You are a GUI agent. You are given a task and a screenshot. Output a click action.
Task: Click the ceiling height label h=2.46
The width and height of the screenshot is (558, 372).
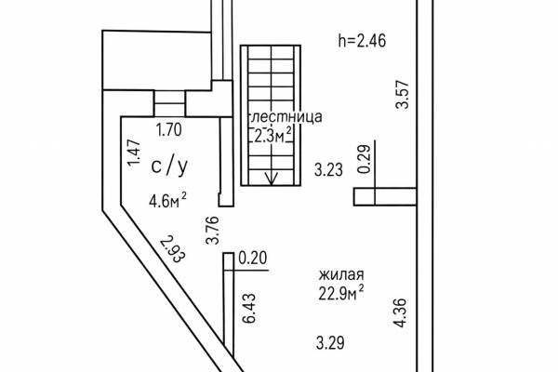click(x=362, y=41)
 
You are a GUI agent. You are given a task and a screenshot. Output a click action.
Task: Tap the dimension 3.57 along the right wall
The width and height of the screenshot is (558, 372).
click(x=403, y=95)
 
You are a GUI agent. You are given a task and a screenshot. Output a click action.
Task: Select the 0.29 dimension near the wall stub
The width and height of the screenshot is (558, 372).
click(x=364, y=159)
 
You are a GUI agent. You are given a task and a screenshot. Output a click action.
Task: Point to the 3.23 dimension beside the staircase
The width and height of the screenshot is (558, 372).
click(x=328, y=170)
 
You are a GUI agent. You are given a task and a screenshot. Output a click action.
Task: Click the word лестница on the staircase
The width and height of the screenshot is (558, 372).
click(x=286, y=117)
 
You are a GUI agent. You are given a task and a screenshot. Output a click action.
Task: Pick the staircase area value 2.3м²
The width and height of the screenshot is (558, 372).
click(x=272, y=135)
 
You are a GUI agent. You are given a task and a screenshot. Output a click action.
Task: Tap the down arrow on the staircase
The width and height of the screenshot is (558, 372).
click(x=272, y=177)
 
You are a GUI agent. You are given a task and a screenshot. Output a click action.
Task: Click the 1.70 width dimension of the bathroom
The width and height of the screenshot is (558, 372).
click(x=169, y=130)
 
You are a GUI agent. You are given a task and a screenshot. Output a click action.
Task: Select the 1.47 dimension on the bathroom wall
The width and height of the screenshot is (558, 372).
click(x=135, y=153)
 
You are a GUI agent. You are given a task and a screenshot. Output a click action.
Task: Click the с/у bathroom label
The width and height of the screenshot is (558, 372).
click(x=169, y=166)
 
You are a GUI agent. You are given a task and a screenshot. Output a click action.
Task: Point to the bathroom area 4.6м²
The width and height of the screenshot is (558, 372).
click(x=167, y=200)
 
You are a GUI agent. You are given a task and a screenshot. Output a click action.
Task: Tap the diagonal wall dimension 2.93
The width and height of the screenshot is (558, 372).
click(x=173, y=249)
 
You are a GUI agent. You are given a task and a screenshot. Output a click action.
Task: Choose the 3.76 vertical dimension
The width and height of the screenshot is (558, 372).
click(x=212, y=230)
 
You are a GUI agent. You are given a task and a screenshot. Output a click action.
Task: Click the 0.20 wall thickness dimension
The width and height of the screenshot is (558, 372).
click(x=253, y=258)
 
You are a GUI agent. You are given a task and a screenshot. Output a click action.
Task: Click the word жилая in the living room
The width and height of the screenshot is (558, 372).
click(x=341, y=275)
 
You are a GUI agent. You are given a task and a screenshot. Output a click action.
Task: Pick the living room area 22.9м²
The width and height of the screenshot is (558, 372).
click(x=341, y=293)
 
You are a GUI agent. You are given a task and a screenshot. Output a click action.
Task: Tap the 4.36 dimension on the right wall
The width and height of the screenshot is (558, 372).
click(x=399, y=312)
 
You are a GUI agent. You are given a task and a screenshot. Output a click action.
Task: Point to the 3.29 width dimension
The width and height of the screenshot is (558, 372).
click(x=330, y=343)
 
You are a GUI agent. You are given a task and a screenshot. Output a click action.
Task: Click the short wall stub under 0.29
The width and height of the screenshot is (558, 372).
click(x=385, y=196)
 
